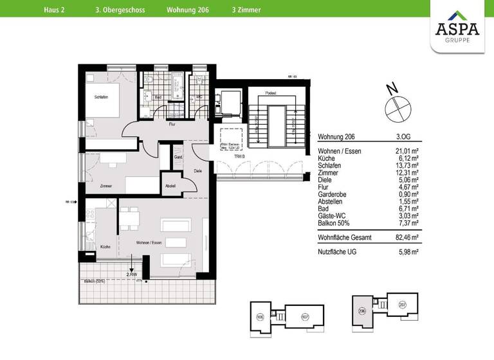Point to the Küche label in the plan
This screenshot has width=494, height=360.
(x=105, y=247)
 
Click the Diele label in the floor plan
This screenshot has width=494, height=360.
(x=197, y=170)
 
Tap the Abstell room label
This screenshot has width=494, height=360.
(x=170, y=186)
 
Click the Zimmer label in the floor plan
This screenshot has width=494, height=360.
(x=106, y=186)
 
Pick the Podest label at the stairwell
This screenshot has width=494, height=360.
(x=271, y=94)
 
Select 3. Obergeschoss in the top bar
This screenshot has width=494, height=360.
(x=120, y=10)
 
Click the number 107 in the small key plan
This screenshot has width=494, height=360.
(x=305, y=316)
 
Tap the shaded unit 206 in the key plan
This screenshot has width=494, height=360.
(x=362, y=311)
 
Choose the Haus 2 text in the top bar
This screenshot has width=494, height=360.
(x=55, y=10)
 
